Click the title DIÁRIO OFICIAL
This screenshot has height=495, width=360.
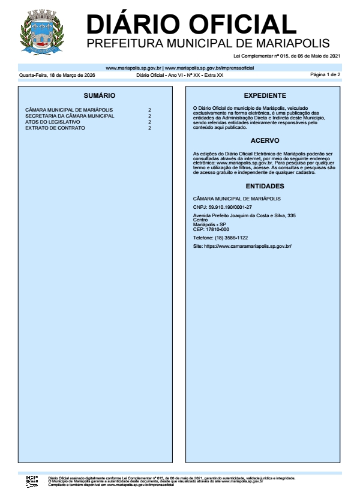coord(191,24)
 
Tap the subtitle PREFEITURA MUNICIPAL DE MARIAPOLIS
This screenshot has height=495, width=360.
coord(208,44)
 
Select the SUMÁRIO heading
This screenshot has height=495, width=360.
coord(100,96)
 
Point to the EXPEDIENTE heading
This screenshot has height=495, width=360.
coord(265,96)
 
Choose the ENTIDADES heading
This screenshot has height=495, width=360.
coord(265,186)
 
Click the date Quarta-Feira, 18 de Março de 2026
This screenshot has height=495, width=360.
coord(57,75)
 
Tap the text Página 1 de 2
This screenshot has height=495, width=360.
coord(325,75)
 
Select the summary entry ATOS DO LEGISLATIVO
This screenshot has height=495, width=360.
coord(53,122)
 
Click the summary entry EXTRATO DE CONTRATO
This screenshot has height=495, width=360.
coord(55,128)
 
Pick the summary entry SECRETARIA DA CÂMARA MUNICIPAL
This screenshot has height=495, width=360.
coord(70,116)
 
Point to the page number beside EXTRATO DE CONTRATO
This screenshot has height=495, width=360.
coord(149,128)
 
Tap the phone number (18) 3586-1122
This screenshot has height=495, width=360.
coord(220,238)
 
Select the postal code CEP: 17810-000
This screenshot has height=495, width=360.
coord(211,229)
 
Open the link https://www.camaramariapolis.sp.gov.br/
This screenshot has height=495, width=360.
coord(242,246)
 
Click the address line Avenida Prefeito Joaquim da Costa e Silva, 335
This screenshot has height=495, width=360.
coord(244,215)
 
